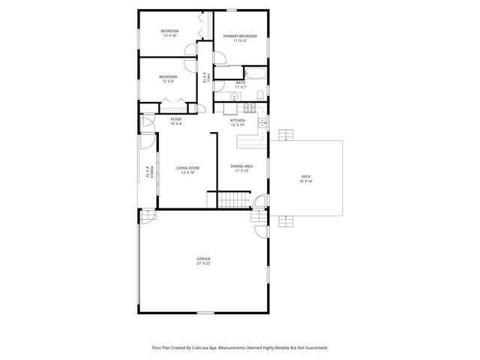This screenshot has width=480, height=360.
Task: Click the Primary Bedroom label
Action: coord(240,36)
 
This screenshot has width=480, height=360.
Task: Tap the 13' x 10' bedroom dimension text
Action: coord(169,35)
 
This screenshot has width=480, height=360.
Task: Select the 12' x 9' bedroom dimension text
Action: coord(168,81)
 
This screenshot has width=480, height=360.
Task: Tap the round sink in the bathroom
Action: coord(222,97)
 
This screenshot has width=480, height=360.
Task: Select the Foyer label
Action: coord(176,119)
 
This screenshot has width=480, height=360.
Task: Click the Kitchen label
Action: coord(238,120)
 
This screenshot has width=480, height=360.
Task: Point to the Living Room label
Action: coord(187,168)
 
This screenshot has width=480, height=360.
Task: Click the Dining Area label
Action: coord(241,166)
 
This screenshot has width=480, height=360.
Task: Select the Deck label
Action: coord(306,176)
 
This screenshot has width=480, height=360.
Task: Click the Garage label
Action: coord(204,259)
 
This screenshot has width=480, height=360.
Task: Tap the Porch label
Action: coord(151,172)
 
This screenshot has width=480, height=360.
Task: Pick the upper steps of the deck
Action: coord(284,135)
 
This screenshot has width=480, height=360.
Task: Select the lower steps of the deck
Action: coord(284,220)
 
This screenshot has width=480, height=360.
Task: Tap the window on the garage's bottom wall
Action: coord(205,313)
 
